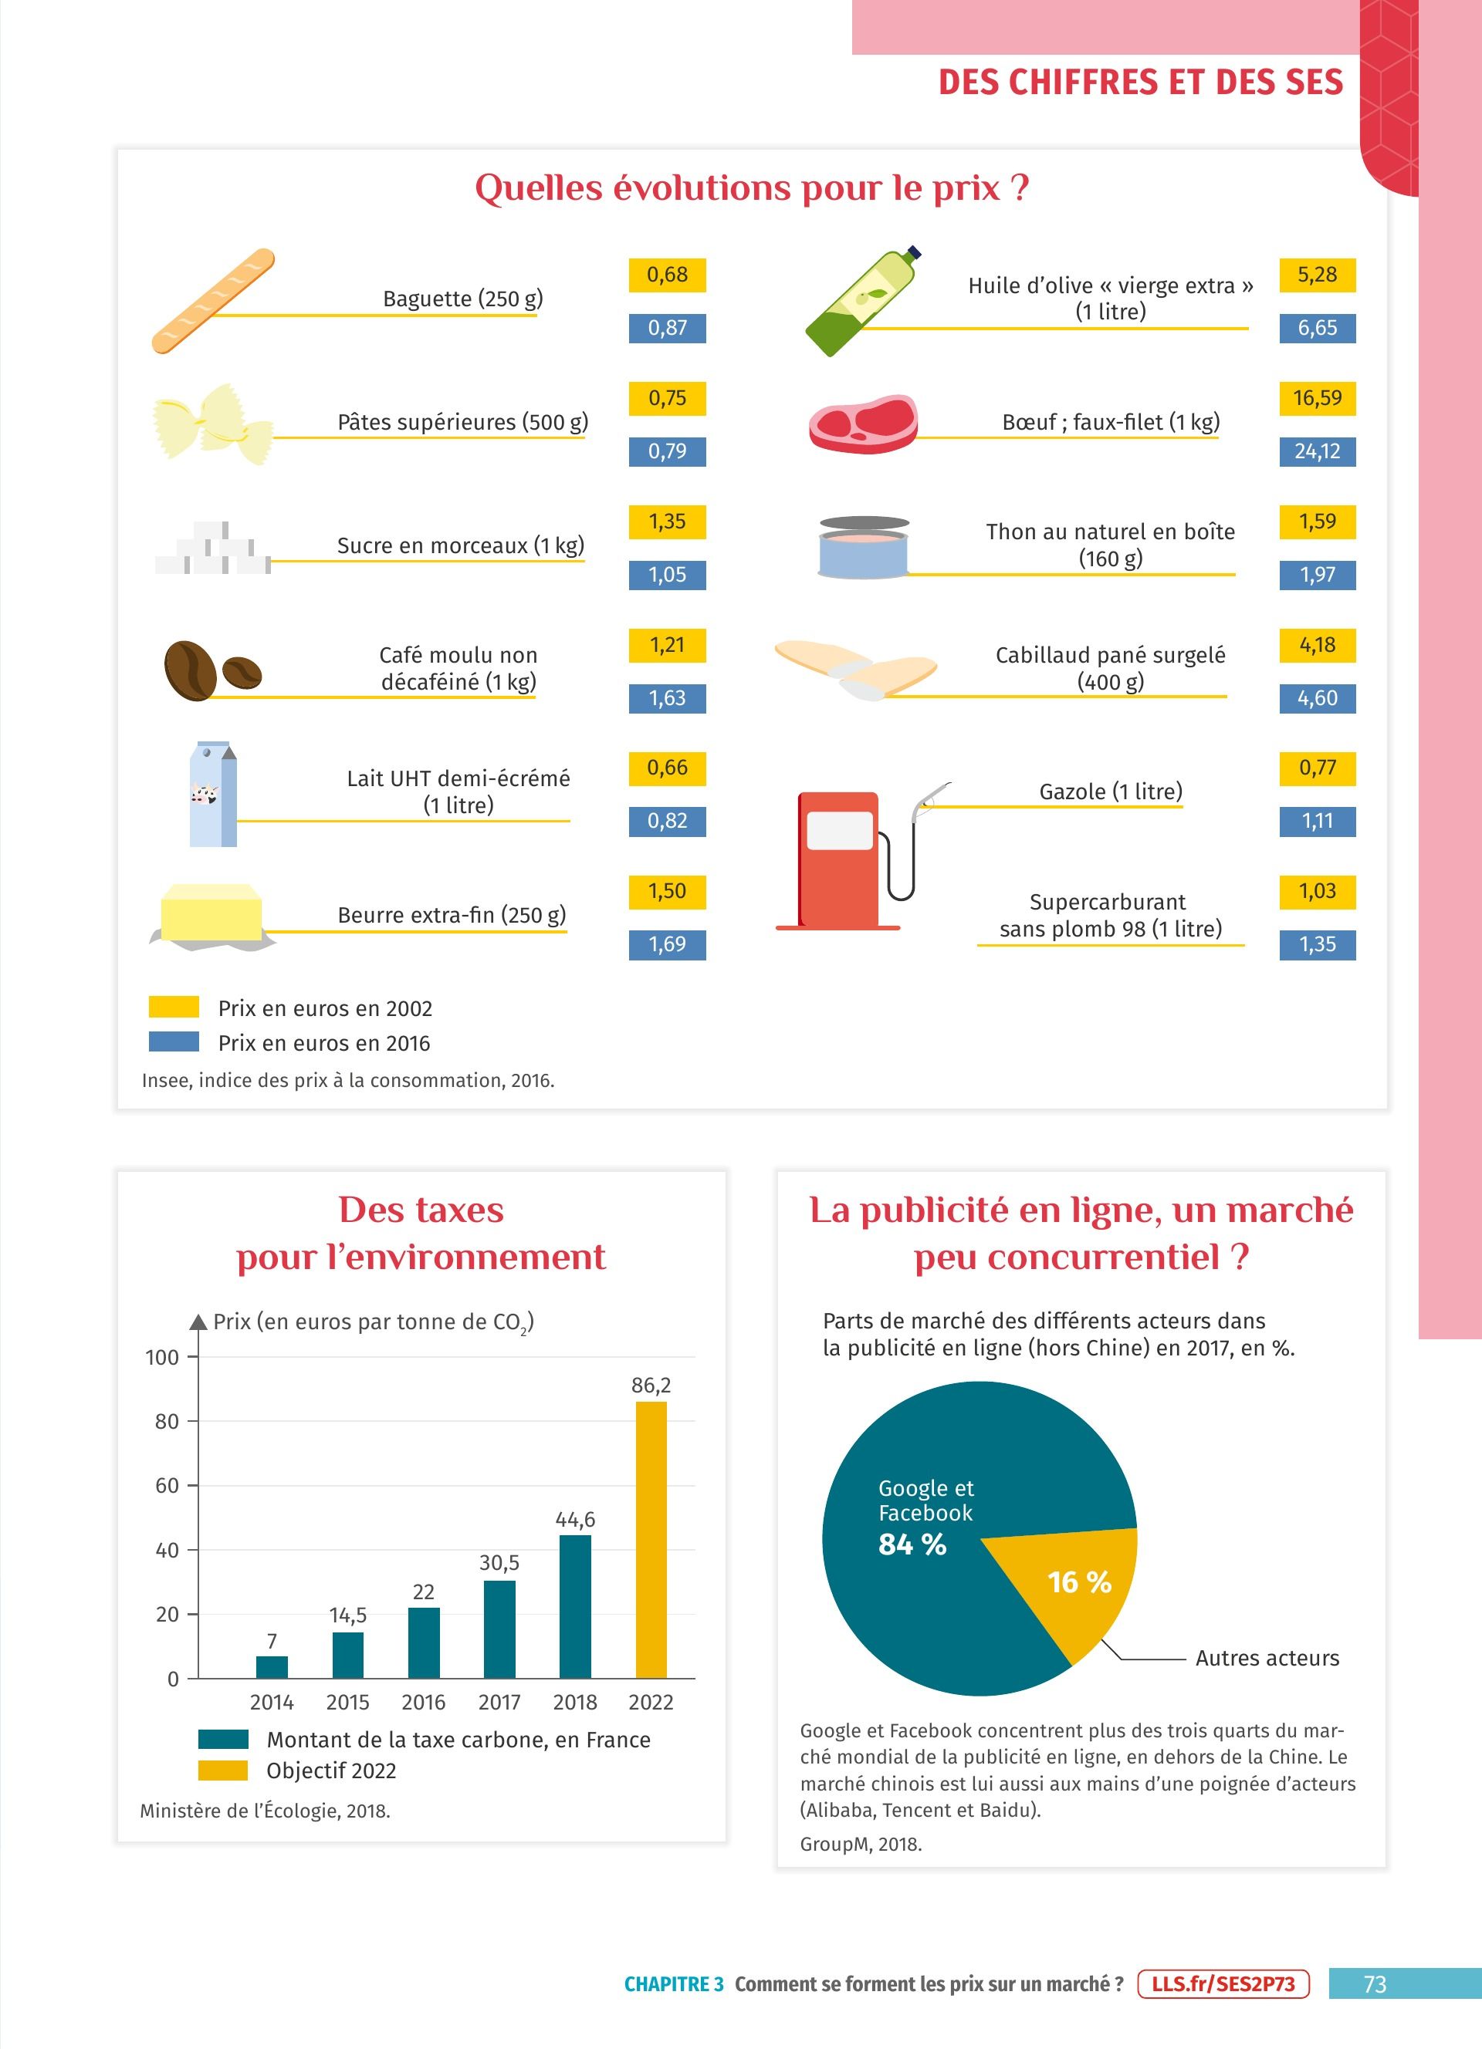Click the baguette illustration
click(213, 301)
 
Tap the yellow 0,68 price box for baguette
click(667, 275)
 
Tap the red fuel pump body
click(837, 859)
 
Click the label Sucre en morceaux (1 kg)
click(460, 545)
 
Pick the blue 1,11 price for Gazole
click(1317, 822)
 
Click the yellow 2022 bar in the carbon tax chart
click(651, 1540)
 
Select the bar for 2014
click(272, 1667)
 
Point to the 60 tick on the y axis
click(167, 1486)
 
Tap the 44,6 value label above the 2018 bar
click(575, 1520)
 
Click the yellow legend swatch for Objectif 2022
click(223, 1771)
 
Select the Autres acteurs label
click(1267, 1659)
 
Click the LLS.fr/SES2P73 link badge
click(1223, 1984)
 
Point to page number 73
click(1374, 1984)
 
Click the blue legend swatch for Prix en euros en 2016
click(174, 1041)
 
